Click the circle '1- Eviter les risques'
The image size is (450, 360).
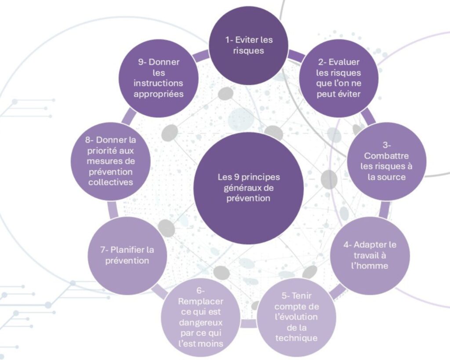click(248, 45)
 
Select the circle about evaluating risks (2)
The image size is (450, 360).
click(338, 78)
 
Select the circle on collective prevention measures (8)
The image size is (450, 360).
click(111, 161)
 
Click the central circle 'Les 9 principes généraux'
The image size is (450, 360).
click(248, 188)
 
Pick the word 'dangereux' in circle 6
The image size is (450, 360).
click(201, 322)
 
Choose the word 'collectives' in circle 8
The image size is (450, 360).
click(111, 182)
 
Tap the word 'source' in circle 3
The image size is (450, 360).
click(392, 177)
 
